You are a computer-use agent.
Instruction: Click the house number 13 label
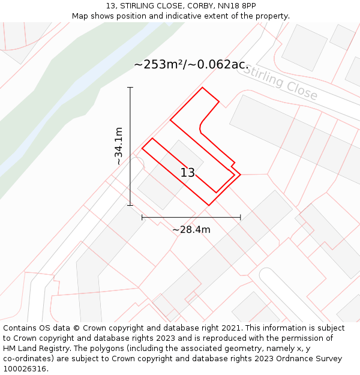click(x=188, y=173)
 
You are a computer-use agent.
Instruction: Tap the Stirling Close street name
click(x=281, y=83)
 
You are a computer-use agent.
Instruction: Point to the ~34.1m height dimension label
click(x=119, y=146)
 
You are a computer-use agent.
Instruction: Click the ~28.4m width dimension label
click(x=191, y=229)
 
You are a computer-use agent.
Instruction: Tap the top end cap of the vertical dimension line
click(x=130, y=88)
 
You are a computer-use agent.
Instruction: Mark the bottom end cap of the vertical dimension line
click(x=130, y=205)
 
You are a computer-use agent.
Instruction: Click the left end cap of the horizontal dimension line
click(x=142, y=217)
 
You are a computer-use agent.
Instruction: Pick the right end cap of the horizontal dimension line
click(x=241, y=217)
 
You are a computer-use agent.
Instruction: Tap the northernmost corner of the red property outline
click(x=202, y=88)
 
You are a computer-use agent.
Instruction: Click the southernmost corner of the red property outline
click(x=209, y=205)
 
